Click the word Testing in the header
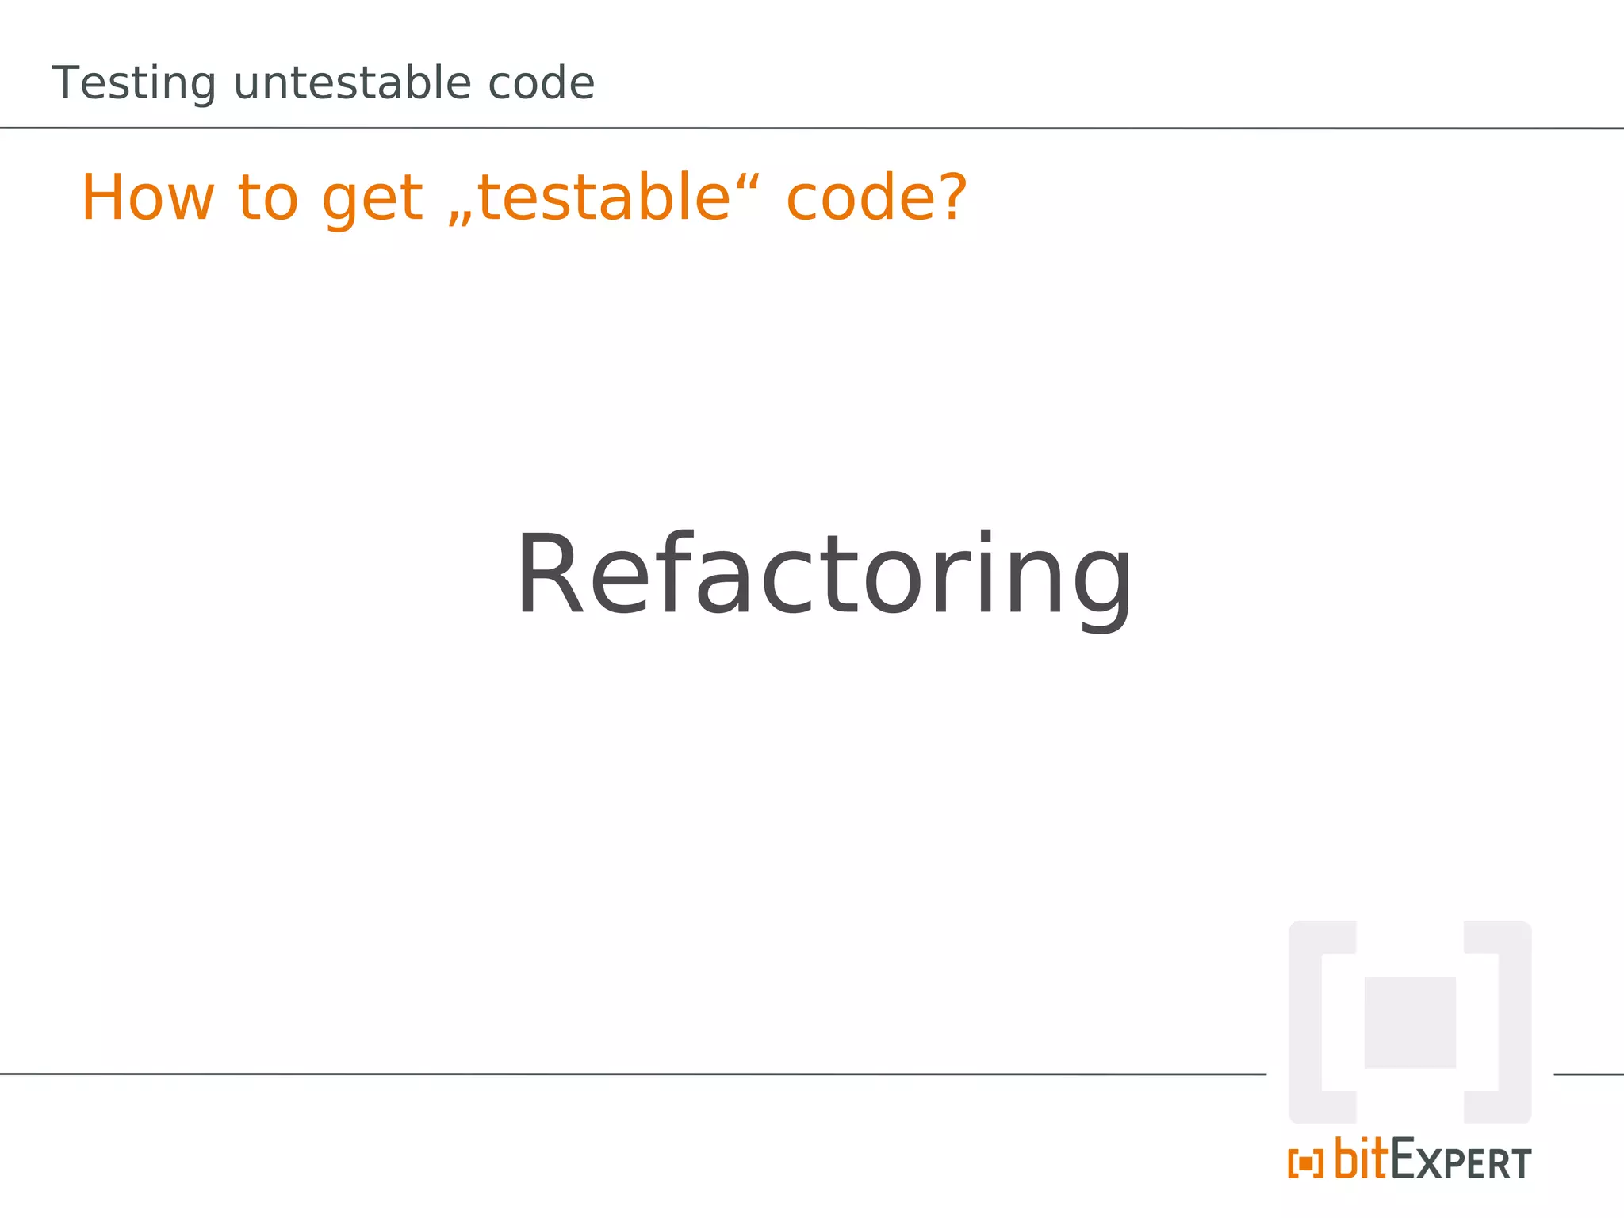point(133,84)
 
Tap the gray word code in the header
point(541,83)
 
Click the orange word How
point(147,197)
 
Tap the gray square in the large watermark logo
point(1409,1022)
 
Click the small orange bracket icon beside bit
point(1305,1163)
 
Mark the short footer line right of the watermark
point(1588,1074)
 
